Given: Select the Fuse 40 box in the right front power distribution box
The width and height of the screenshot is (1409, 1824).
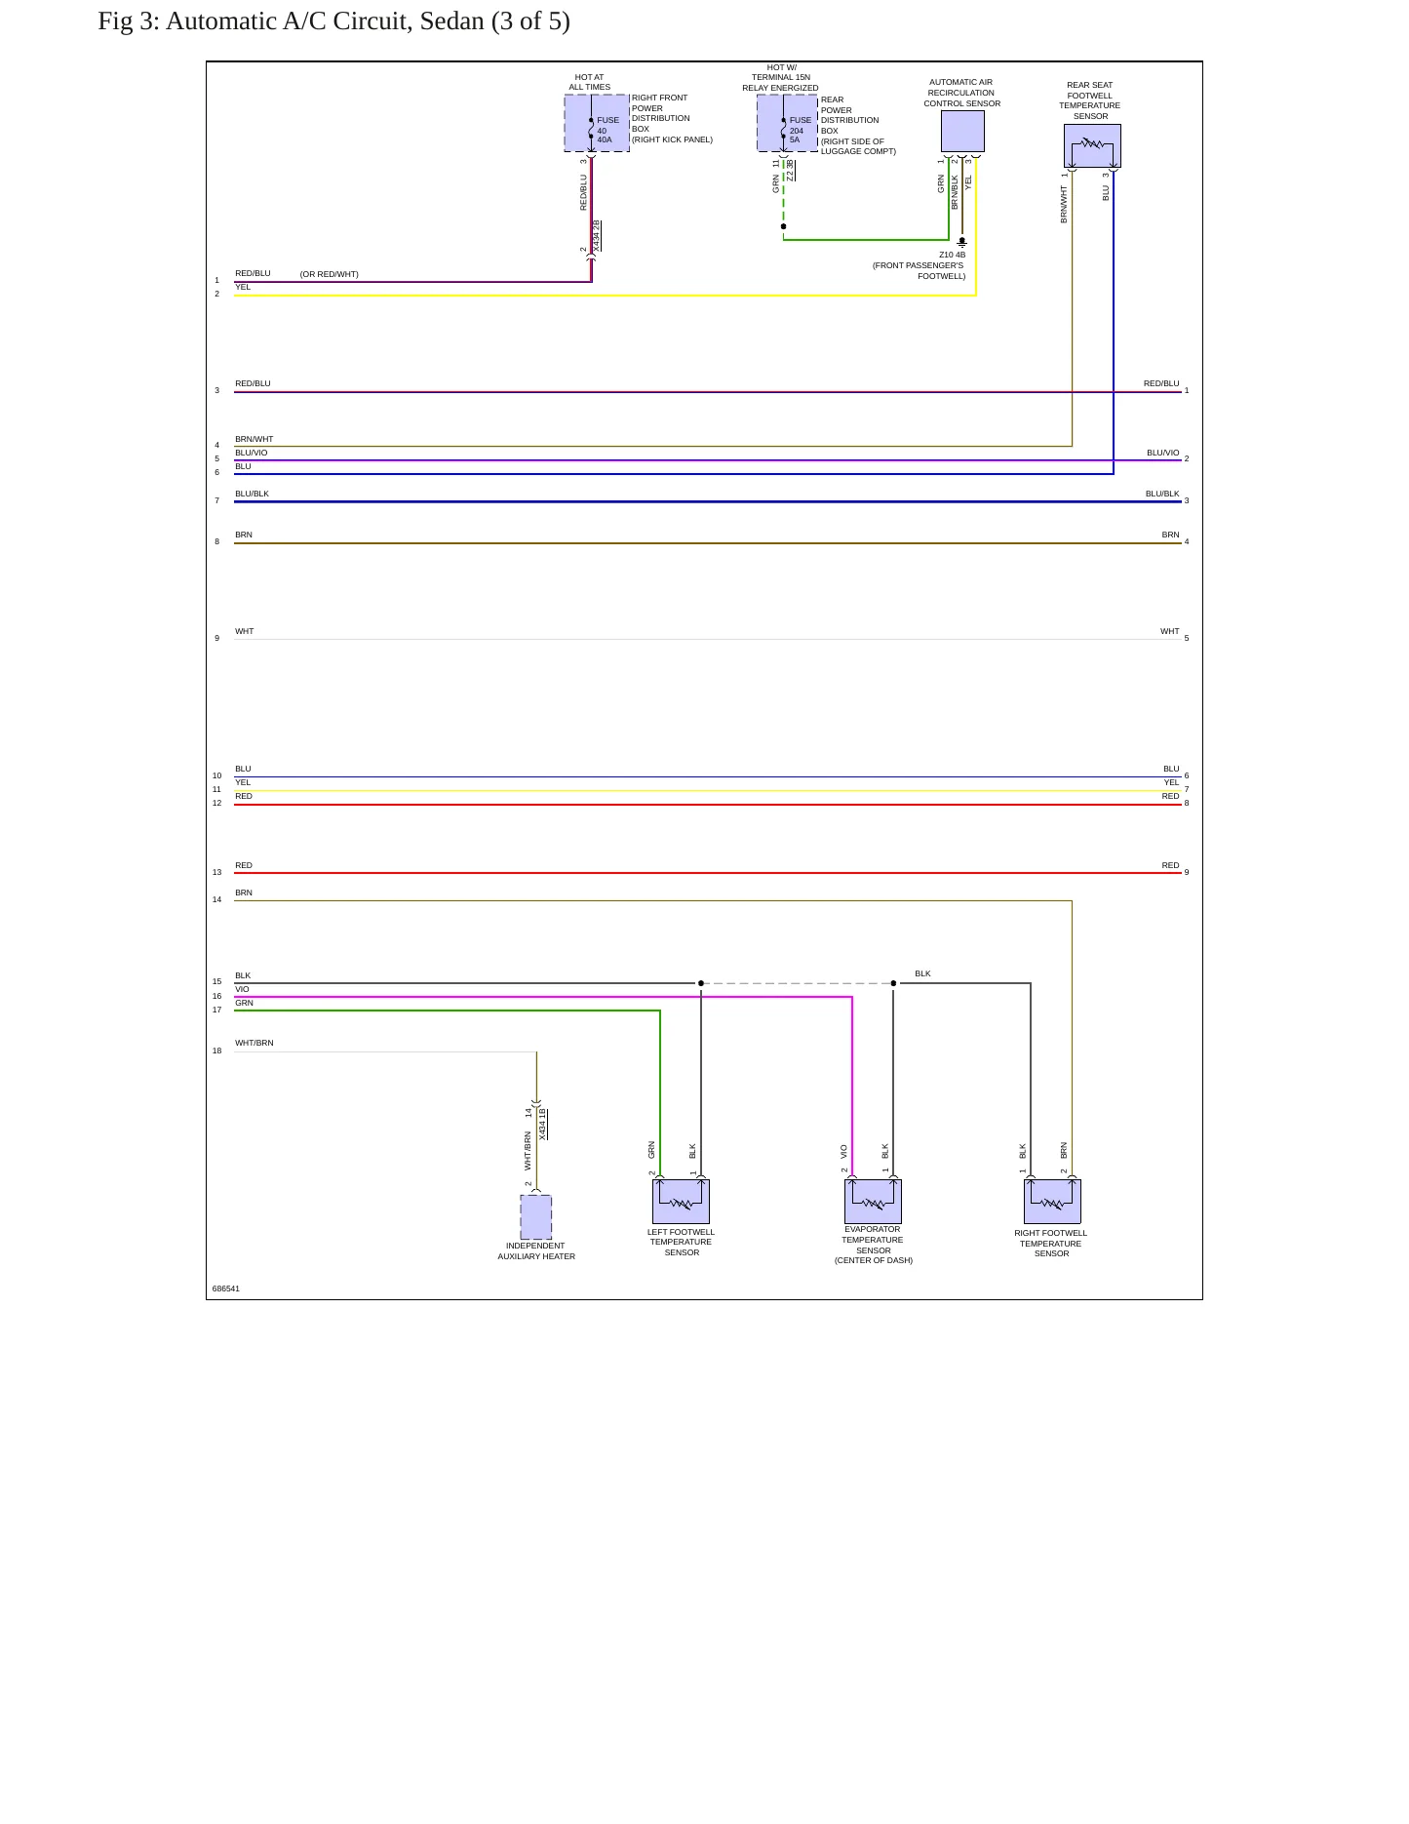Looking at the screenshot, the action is click(x=597, y=123).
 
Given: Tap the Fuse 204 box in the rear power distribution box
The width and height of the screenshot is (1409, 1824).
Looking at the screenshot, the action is click(x=788, y=123).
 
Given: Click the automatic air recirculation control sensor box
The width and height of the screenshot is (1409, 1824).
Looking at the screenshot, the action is click(x=962, y=131).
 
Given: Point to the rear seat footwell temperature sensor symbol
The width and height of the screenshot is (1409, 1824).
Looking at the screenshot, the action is click(x=1092, y=145).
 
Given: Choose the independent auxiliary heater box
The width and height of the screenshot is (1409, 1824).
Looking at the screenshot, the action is click(x=536, y=1217).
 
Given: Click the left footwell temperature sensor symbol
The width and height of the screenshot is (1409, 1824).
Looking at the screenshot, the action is click(x=681, y=1202).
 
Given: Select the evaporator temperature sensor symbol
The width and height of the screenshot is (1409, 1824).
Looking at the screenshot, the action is click(x=873, y=1202).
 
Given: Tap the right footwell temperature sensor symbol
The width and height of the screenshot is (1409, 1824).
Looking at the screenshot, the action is click(x=1052, y=1202).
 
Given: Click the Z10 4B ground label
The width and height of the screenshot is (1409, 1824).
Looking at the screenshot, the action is click(x=953, y=255).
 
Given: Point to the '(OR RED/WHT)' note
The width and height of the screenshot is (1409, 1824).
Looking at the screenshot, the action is click(x=330, y=274).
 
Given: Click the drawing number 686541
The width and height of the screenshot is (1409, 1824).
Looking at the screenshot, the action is click(x=226, y=1289).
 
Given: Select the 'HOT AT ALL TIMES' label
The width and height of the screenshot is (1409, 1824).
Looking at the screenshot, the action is click(x=590, y=82).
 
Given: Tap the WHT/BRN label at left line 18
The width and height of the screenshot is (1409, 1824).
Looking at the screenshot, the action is click(x=254, y=1043).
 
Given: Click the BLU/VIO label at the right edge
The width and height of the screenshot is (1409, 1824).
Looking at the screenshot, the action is click(x=1163, y=453).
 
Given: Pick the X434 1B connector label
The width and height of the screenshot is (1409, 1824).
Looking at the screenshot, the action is click(x=543, y=1125).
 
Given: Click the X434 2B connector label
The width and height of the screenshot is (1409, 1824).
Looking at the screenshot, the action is click(x=597, y=236).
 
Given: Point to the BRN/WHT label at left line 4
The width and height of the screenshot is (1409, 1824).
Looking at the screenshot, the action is click(x=254, y=439).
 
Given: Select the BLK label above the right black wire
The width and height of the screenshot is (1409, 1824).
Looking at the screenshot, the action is click(x=922, y=973).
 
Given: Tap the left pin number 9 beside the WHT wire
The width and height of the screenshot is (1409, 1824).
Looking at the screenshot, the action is click(x=217, y=638).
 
